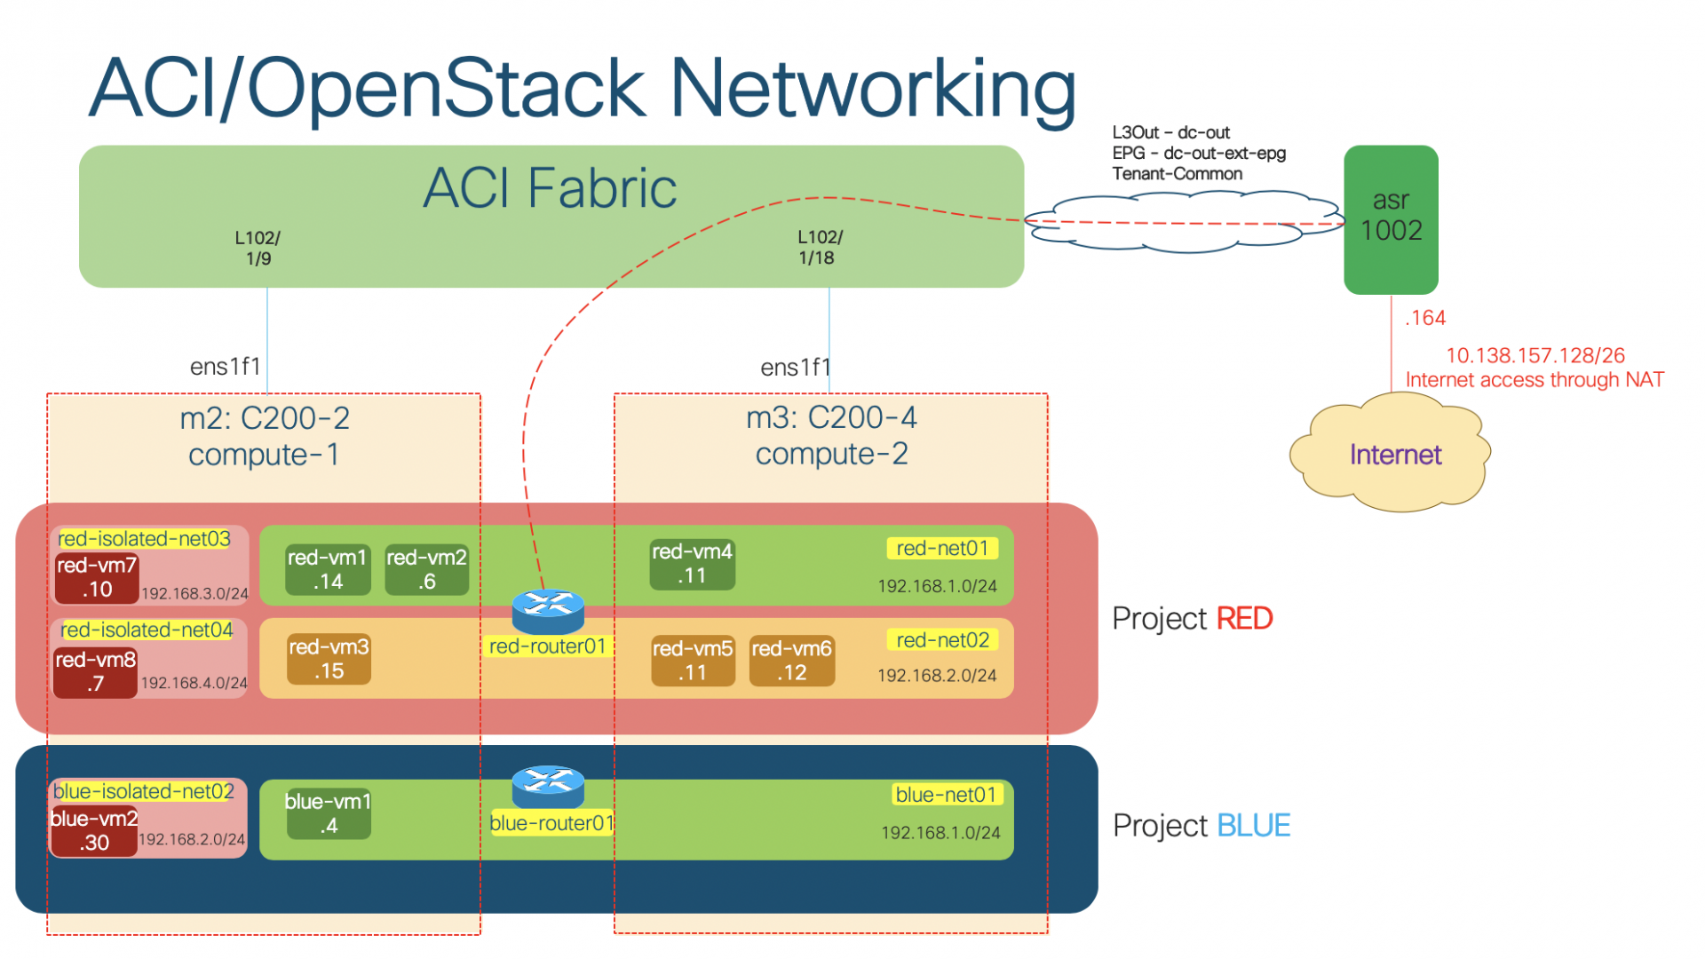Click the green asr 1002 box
[1391, 219]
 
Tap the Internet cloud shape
[1391, 454]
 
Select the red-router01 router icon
[548, 612]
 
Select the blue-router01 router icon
[548, 786]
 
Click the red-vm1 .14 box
[327, 569]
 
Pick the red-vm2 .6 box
[426, 569]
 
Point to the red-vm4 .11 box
[692, 564]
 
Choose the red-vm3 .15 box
[328, 659]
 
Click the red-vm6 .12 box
[791, 660]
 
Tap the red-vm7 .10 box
[96, 577]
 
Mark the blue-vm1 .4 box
[328, 813]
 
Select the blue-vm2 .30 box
[94, 831]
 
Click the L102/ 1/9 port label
[258, 248]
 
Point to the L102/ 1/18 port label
[818, 248]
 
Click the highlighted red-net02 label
[942, 640]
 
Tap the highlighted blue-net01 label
[946, 795]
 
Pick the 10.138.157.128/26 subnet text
[1534, 355]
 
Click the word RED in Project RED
[1244, 618]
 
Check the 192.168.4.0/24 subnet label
[194, 683]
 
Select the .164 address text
[1424, 318]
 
